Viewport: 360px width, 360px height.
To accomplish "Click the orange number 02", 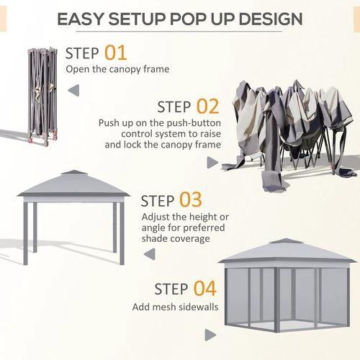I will click(207, 107).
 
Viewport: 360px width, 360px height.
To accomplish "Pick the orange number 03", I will click(191, 199).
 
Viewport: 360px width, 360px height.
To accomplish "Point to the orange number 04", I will click(204, 289).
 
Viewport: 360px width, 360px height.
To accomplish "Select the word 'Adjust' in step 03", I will click(157, 217).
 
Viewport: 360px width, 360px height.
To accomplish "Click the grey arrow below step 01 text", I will click(73, 90).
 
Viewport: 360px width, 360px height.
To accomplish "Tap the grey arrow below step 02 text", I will click(212, 163).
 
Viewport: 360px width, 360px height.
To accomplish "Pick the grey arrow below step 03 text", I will click(149, 253).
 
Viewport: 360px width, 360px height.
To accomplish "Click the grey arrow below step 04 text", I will click(210, 335).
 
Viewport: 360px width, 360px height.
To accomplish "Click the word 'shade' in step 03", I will click(157, 238).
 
